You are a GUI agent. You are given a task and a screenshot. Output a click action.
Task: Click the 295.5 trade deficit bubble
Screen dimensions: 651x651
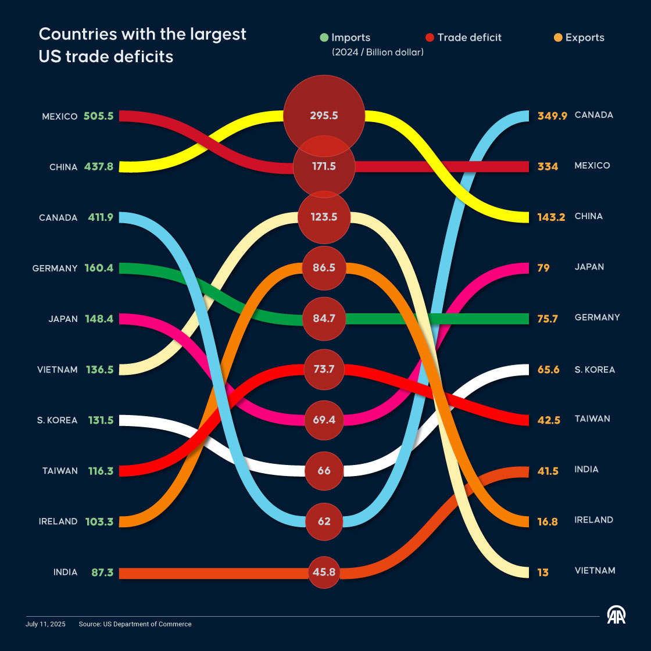pos(324,115)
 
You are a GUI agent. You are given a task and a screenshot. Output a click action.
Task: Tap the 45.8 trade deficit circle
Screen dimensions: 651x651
pos(324,572)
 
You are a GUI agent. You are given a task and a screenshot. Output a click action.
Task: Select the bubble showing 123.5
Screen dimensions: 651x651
pos(324,217)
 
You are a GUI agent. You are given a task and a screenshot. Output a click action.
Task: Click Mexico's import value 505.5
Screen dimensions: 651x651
pos(98,116)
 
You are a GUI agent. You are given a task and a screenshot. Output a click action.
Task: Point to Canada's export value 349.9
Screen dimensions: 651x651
pos(552,116)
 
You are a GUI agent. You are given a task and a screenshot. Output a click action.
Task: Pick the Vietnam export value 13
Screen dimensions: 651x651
pos(543,573)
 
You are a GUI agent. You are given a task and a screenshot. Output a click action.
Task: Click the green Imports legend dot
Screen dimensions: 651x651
pos(324,38)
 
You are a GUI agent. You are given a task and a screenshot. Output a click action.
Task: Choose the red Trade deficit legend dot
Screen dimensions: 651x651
pos(430,38)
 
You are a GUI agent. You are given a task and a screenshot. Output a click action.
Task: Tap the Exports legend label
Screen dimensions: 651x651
pos(585,38)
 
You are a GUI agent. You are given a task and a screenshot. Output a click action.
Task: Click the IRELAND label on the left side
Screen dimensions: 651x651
pos(58,521)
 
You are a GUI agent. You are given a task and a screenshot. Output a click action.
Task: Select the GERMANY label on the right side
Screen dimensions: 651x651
pos(597,317)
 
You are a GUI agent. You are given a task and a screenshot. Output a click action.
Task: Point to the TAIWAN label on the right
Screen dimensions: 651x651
pos(592,419)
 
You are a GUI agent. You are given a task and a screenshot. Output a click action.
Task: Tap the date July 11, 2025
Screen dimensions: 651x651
pos(45,624)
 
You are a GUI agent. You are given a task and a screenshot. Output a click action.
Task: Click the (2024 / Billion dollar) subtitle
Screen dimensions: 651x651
pos(378,52)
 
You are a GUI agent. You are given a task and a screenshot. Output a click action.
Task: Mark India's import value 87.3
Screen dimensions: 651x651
pos(99,573)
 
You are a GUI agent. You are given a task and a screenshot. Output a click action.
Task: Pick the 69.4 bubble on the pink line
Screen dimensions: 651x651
pos(324,420)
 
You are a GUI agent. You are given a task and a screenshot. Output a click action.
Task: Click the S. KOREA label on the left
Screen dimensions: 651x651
pos(57,420)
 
